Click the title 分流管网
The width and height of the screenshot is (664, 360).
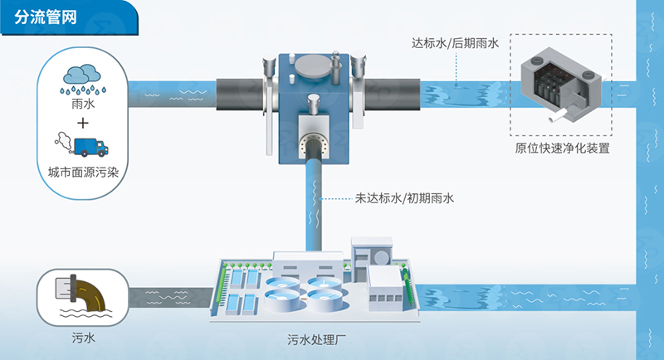(x=46, y=17)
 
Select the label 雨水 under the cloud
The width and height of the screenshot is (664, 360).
(x=83, y=104)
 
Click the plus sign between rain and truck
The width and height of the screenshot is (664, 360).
(x=83, y=123)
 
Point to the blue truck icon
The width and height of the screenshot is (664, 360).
(x=91, y=147)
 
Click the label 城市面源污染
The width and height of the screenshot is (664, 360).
(x=83, y=173)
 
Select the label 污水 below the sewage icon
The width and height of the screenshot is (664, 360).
(x=84, y=338)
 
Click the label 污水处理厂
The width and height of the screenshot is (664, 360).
(x=317, y=340)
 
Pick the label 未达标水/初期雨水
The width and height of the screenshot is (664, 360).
(x=404, y=198)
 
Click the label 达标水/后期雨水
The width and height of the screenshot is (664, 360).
(x=455, y=43)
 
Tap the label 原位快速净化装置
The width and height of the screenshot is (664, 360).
(x=562, y=148)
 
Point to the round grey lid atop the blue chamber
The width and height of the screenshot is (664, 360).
(x=313, y=67)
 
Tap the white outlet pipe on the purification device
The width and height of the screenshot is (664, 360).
(x=558, y=115)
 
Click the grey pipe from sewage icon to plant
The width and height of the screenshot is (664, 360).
(x=170, y=297)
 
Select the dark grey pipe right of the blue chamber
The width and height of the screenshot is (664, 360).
(x=392, y=95)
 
